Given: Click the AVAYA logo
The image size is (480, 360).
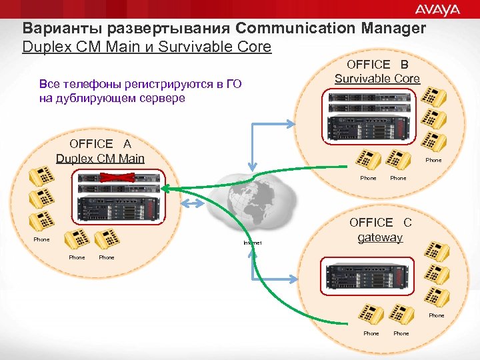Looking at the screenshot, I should [437, 9].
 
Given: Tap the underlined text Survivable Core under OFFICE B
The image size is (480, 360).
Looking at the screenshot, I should [377, 79].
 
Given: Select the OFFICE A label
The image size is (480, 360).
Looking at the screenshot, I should [100, 144].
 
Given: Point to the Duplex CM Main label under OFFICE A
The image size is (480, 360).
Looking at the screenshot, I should [100, 159].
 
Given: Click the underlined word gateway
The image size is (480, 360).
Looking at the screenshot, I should [380, 237].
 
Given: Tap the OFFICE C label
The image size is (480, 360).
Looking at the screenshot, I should [380, 223].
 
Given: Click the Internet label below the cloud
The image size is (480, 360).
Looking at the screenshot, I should [253, 243].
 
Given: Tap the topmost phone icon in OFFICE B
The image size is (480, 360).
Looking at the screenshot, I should [433, 97].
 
